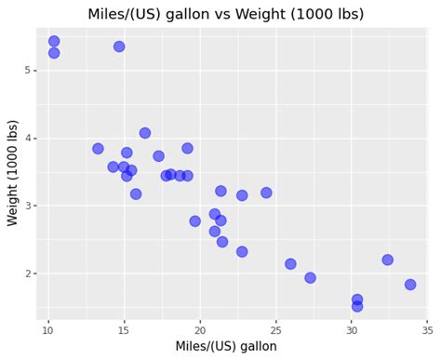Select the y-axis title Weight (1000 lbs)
coord(13,172)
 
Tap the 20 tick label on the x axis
coord(199,328)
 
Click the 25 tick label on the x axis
coord(275,328)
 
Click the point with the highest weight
coord(54,41)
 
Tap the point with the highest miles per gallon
coord(410,285)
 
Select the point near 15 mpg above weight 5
coord(119,47)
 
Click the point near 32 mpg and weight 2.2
coord(387,260)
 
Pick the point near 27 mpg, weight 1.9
coord(310,277)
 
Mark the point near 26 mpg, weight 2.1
coord(290,264)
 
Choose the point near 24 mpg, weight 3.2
coord(266,193)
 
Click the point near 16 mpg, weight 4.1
coord(145,133)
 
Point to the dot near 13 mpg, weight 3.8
coord(98,149)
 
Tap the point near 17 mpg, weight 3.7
coord(158,156)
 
